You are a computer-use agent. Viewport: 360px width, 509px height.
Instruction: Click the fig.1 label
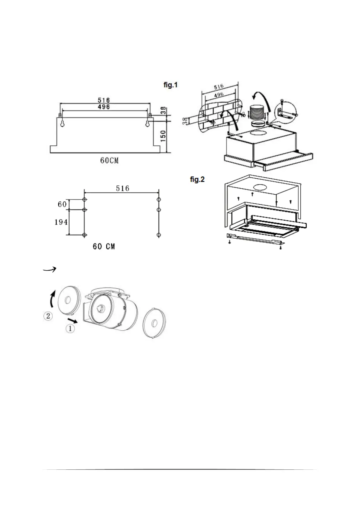tap(170, 85)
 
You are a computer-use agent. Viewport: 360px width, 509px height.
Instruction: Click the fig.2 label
tap(197, 180)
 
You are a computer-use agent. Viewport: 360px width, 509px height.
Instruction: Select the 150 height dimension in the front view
tap(163, 137)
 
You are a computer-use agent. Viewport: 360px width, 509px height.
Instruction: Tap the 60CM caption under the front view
tap(109, 160)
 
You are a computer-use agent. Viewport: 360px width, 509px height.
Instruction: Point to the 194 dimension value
tap(61, 222)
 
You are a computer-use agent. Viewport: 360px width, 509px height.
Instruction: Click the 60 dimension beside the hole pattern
tap(62, 205)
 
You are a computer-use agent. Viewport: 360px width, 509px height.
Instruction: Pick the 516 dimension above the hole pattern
tap(122, 189)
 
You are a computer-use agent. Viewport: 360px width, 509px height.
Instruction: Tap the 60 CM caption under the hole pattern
tap(104, 247)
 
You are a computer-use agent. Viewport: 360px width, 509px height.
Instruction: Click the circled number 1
tap(70, 329)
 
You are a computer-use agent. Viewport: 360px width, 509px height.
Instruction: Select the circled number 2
tap(48, 316)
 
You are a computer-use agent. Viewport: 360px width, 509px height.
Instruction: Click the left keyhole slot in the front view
tap(63, 124)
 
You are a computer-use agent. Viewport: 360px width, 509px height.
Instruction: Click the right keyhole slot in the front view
tap(148, 124)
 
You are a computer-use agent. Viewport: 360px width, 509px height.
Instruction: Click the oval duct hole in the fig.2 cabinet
tap(261, 187)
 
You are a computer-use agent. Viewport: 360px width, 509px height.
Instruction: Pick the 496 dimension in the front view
tap(104, 107)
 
